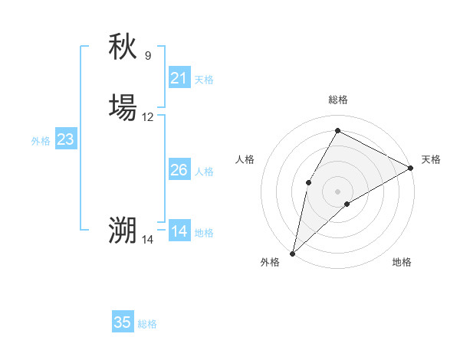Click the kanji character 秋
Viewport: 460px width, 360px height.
[123, 47]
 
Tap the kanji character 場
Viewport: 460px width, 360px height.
[123, 108]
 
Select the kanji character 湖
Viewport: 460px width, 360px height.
[123, 231]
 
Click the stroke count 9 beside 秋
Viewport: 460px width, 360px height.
[148, 56]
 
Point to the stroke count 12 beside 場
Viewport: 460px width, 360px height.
[148, 117]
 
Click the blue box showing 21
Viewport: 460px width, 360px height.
[179, 78]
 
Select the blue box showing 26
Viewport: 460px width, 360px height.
[179, 170]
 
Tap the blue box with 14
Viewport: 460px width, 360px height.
[179, 231]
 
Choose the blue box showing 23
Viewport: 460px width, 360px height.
[65, 139]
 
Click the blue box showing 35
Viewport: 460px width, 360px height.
[123, 322]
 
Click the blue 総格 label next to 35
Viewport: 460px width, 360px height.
[147, 324]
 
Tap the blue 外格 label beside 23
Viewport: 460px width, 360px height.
[40, 141]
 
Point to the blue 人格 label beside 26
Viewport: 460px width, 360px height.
[205, 172]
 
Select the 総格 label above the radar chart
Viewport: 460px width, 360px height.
[337, 100]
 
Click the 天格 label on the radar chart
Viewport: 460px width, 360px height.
[431, 159]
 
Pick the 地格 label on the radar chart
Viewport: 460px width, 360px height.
[402, 263]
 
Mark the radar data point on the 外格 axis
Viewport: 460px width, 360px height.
[292, 253]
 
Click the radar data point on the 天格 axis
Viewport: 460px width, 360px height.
[411, 168]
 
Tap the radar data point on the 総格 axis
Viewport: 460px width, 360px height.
[337, 130]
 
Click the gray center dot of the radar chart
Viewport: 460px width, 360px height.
[337, 191]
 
